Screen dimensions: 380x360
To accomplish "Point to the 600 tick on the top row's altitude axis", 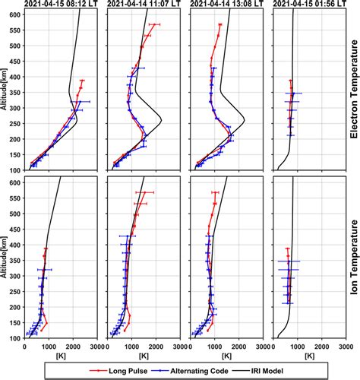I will point(15,13).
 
